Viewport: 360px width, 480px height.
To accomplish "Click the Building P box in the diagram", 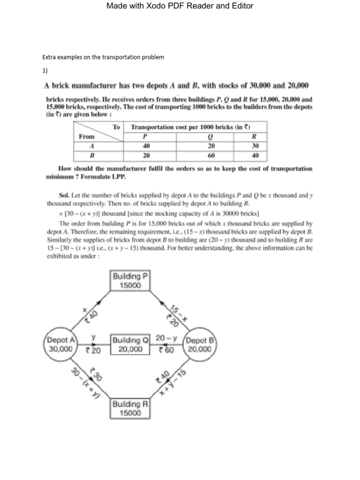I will click(130, 281).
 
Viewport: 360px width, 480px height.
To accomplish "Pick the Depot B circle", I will click(200, 345).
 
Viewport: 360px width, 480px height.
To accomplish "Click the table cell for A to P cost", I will click(149, 145).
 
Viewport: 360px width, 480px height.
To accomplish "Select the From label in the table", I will click(87, 136).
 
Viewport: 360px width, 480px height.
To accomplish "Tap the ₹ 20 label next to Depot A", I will click(93, 350).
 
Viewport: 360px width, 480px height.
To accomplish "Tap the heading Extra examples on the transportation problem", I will click(104, 57).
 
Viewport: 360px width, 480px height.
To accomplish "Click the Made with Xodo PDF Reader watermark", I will click(180, 6).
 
